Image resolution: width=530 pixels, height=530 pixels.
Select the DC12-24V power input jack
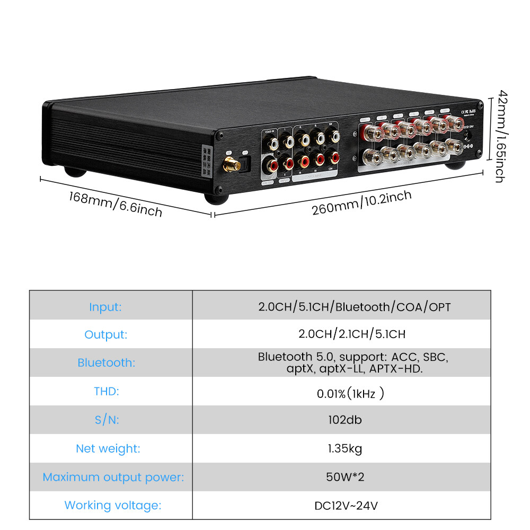468,135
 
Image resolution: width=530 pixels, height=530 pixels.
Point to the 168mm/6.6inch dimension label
115,204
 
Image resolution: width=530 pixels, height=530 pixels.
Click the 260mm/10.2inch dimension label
361,202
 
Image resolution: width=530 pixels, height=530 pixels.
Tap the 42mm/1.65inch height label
499,137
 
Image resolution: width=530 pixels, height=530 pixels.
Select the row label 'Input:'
105,307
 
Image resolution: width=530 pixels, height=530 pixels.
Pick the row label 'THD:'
106,392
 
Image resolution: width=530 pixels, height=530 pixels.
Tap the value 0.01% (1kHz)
350,393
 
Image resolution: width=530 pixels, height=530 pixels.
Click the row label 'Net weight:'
108,448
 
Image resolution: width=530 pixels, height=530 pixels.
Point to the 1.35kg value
344,448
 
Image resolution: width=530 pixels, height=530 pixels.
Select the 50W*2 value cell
345,477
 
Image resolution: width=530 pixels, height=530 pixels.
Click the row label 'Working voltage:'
112,505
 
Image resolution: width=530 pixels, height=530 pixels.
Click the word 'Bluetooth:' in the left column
106,363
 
